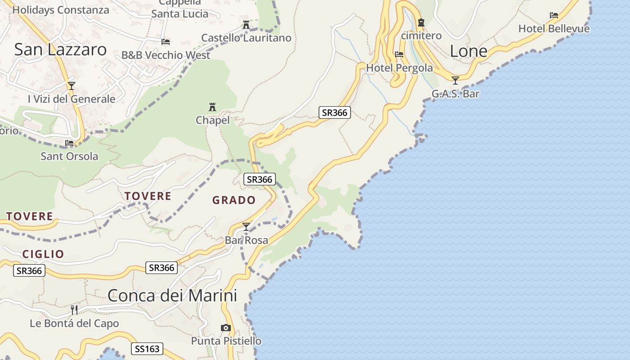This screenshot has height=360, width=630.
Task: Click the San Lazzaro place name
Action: tap(60, 49)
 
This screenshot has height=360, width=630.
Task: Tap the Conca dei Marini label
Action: tap(172, 296)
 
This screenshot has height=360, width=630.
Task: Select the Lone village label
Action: tap(468, 51)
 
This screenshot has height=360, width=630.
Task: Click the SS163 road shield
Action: tap(147, 349)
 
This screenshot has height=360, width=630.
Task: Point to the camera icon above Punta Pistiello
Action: tap(226, 328)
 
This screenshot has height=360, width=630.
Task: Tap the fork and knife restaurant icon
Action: tap(74, 310)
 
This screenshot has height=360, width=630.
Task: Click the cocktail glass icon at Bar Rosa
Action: tap(246, 226)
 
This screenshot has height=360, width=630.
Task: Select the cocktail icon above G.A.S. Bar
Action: tap(455, 81)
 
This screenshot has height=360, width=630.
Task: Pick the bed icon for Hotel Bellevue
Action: tap(554, 15)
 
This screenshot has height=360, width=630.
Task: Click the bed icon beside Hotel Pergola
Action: tap(399, 54)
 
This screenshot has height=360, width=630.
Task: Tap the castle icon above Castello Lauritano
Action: tap(246, 25)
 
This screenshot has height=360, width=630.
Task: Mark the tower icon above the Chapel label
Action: tap(212, 107)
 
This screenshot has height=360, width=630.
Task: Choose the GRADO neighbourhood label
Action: tap(234, 200)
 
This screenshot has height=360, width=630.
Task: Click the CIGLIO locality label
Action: tap(43, 254)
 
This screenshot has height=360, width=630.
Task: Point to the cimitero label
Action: tap(421, 36)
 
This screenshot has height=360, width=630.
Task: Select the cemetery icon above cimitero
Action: tap(421, 22)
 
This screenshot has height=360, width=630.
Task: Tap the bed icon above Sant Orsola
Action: tap(69, 143)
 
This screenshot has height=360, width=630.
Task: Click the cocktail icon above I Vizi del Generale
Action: tap(71, 85)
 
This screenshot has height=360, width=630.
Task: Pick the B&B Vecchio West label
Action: tap(166, 55)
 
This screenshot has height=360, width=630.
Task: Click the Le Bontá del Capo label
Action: tap(74, 324)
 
